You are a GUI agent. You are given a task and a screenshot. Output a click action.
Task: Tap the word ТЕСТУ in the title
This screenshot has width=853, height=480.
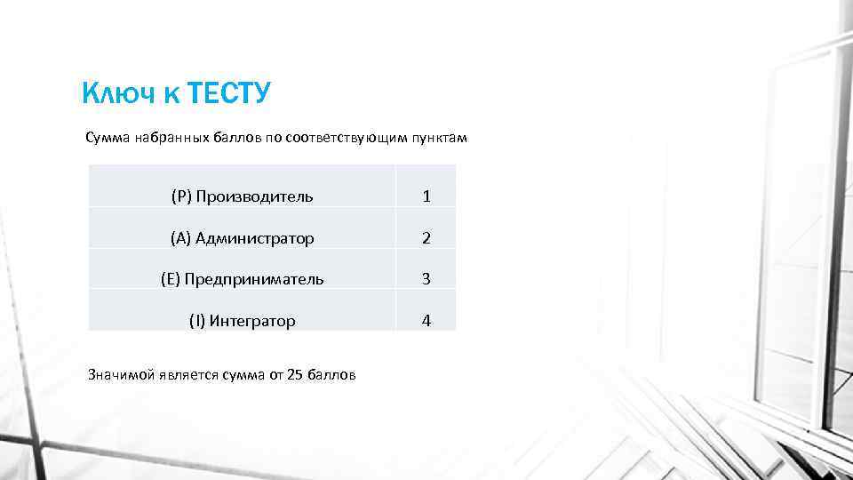pos(228,92)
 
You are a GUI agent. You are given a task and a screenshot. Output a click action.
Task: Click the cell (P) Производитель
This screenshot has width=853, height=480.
pos(242,196)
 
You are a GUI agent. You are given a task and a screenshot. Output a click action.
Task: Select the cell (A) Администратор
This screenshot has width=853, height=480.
pos(242,238)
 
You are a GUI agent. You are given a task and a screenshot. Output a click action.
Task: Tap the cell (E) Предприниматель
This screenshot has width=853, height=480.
pos(242,279)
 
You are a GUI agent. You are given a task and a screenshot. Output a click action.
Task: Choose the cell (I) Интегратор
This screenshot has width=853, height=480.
pos(242,321)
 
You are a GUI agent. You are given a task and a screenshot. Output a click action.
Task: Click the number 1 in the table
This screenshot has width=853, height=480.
pos(426,196)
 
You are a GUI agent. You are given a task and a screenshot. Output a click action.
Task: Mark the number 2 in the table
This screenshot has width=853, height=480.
pos(426,238)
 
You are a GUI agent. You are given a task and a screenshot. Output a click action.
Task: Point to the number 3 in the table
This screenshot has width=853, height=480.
pos(426,279)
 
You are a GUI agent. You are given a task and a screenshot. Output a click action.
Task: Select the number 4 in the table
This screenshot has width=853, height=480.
pos(426,321)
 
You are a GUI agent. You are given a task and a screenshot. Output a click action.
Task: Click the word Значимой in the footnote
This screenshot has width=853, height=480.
pos(120,375)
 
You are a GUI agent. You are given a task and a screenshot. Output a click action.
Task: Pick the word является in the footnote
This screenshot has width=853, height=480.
pos(186,375)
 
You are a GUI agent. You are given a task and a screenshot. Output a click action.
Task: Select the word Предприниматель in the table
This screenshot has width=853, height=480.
pos(254,279)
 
